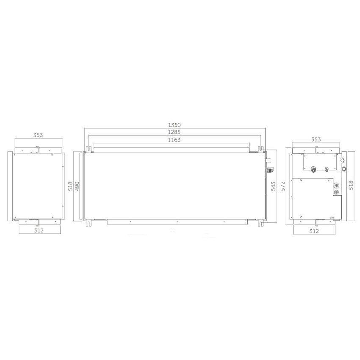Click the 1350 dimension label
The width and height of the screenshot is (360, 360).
click(174, 125)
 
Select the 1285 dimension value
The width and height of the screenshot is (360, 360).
click(174, 132)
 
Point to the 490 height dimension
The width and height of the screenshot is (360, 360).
click(77, 186)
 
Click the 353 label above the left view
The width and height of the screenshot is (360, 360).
click(38, 135)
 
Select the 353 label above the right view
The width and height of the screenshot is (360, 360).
click(316, 139)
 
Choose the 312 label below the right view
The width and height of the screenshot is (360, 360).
click(314, 231)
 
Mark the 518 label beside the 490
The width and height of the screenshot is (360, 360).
click(71, 186)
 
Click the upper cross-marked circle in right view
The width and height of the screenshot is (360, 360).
click(336, 186)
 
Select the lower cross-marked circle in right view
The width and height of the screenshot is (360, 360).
click(336, 193)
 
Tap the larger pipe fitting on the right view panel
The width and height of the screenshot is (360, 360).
click(313, 169)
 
